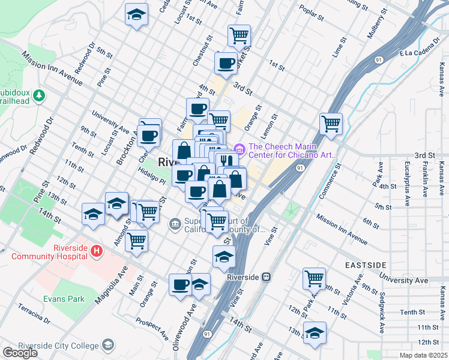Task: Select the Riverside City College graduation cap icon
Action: tap(107, 345)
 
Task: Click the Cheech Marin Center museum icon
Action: tap(240, 148)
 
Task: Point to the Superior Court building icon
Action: tap(175, 224)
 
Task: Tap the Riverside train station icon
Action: tap(267, 277)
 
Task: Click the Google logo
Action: tap(20, 353)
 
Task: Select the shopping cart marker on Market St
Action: tap(239, 35)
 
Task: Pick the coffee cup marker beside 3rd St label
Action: tap(226, 63)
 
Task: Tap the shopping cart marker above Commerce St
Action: tap(331, 124)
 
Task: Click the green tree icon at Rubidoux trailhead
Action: tap(39, 95)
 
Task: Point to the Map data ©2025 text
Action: tap(423, 355)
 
